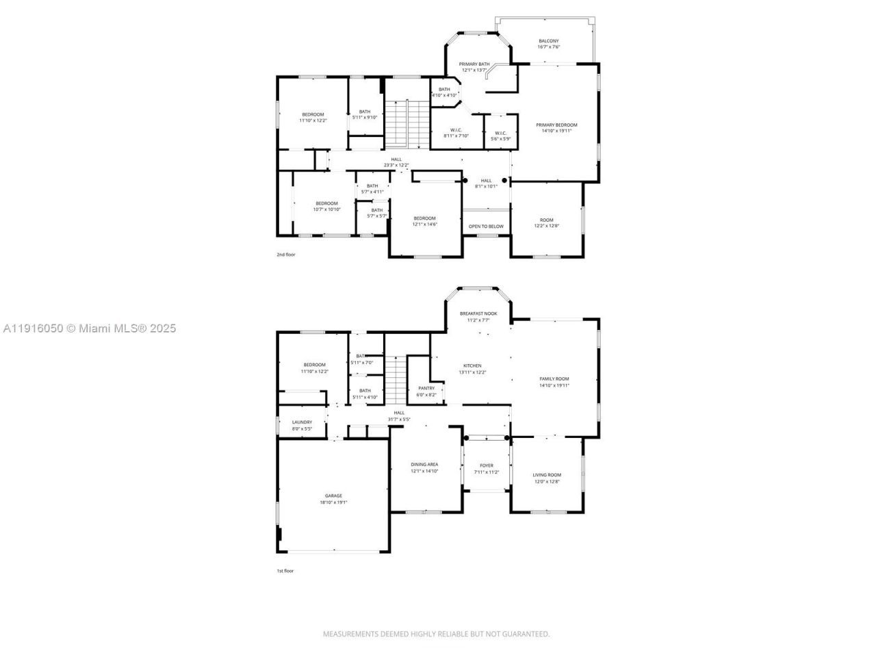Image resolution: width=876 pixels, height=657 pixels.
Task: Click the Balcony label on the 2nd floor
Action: [548, 44]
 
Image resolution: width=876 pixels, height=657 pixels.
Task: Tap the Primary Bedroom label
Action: [556, 127]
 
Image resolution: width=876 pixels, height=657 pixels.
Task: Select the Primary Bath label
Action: [474, 67]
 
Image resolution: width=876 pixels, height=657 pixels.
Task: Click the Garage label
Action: [333, 499]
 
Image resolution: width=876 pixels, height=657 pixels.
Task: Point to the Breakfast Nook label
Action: [478, 316]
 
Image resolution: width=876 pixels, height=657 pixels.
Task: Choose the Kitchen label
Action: [472, 369]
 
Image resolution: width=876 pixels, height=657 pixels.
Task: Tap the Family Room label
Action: [554, 382]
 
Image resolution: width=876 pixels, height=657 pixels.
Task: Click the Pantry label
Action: [426, 391]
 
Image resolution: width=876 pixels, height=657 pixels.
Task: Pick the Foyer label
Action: [486, 469]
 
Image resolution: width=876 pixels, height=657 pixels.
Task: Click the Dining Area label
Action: [424, 467]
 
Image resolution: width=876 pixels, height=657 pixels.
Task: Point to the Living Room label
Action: [547, 478]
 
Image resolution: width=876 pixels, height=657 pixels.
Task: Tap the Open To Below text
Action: [486, 227]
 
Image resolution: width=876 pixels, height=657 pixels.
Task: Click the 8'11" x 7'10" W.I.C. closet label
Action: [456, 133]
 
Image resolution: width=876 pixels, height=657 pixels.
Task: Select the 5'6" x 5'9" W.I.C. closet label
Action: [500, 136]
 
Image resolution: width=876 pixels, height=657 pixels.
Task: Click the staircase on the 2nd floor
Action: [396, 123]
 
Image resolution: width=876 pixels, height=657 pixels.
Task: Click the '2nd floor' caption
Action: [286, 255]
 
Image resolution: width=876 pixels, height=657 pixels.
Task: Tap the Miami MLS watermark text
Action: [89, 328]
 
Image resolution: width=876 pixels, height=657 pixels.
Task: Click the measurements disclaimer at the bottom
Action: [436, 634]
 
